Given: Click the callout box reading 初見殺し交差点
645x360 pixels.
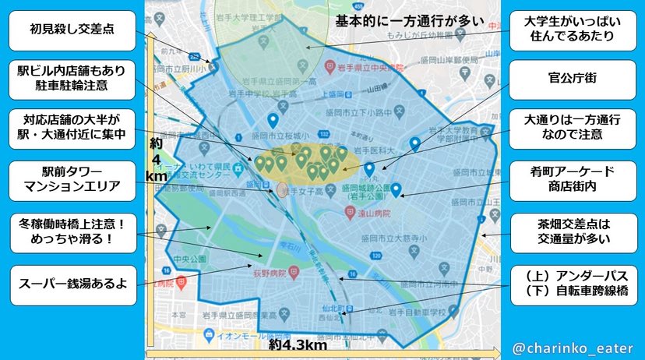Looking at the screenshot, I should (69, 34).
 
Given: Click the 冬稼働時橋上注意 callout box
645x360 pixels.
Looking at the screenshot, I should (69, 231).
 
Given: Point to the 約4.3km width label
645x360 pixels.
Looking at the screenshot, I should (298, 344).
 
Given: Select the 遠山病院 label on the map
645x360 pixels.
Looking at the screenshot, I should (371, 210).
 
